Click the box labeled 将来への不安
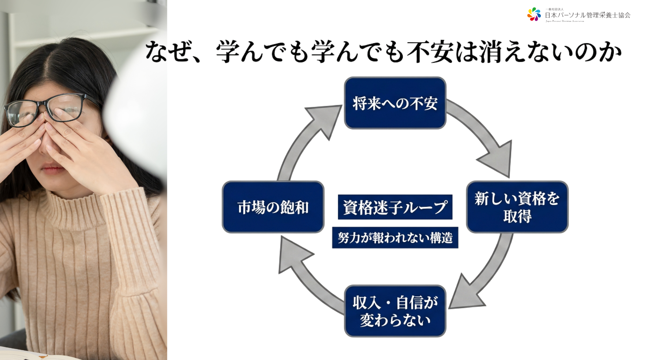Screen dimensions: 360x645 tap(395, 103)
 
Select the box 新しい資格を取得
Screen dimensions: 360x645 tap(517, 207)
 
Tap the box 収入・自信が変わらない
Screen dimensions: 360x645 tap(395, 311)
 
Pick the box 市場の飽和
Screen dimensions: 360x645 tap(273, 207)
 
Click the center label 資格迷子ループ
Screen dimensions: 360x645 tap(395, 207)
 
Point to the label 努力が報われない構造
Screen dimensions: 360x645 tap(395, 238)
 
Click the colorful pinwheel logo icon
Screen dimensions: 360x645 tap(534, 14)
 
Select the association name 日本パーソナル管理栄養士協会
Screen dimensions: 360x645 tap(587, 15)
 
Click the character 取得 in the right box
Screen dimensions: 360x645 tap(517, 216)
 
